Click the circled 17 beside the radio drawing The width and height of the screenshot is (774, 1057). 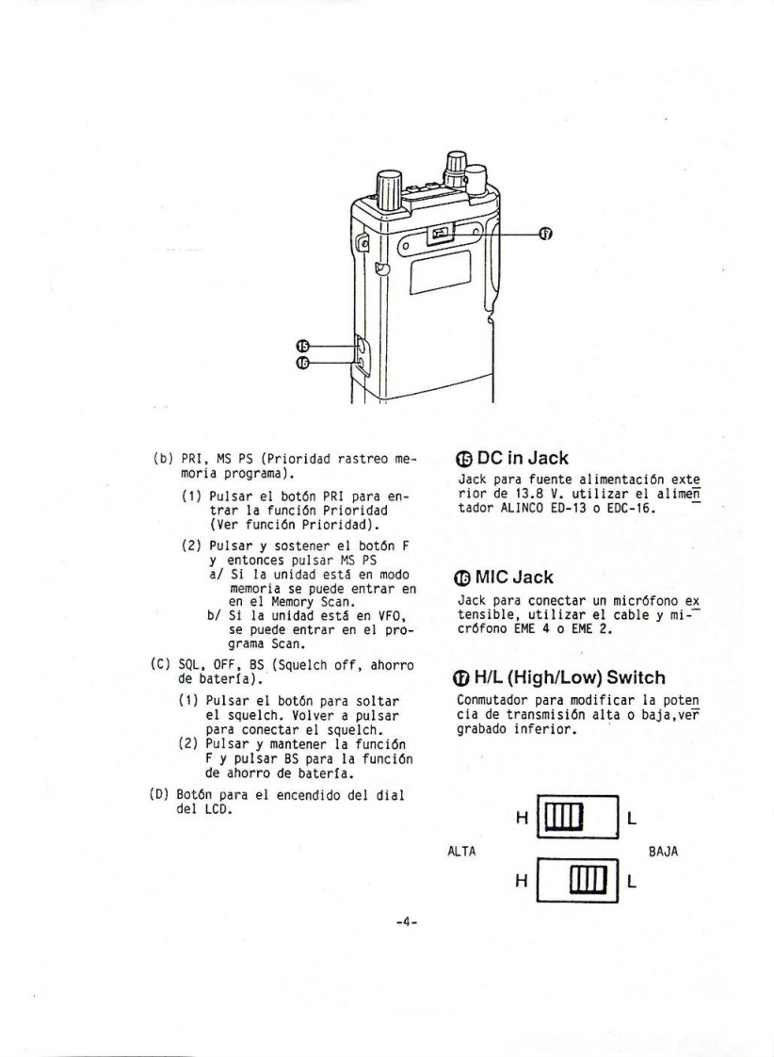tap(545, 234)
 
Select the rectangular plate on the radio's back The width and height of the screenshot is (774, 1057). tap(440, 271)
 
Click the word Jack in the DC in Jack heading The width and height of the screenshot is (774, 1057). tap(548, 459)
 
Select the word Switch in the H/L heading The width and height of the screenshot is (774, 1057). tap(636, 677)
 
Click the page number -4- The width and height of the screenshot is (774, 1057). tap(408, 920)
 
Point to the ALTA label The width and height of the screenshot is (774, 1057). tap(461, 852)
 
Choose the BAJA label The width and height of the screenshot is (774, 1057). tap(663, 852)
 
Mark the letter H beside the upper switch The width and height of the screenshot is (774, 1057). tap(522, 819)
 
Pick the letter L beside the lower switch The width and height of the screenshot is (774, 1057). tap(631, 882)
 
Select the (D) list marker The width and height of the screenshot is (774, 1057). tap(159, 795)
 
